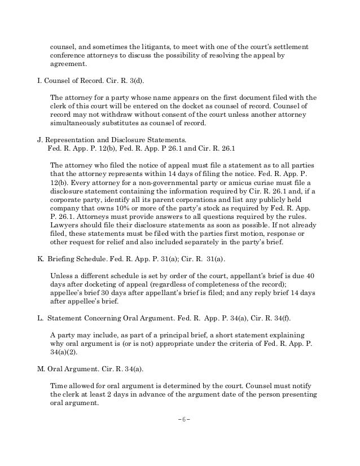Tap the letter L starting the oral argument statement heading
coord(39,319)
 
